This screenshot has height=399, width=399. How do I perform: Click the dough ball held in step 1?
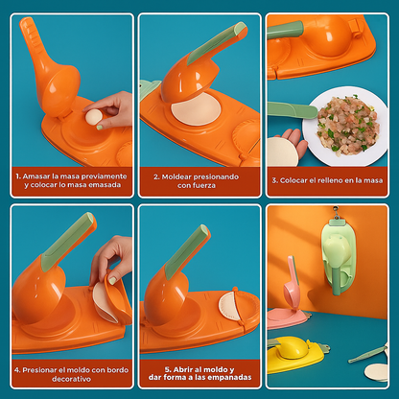(94, 117)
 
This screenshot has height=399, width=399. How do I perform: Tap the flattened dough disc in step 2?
(196, 109)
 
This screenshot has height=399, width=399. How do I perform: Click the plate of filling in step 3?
(346, 125)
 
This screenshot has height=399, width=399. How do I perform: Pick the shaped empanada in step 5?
(230, 305)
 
